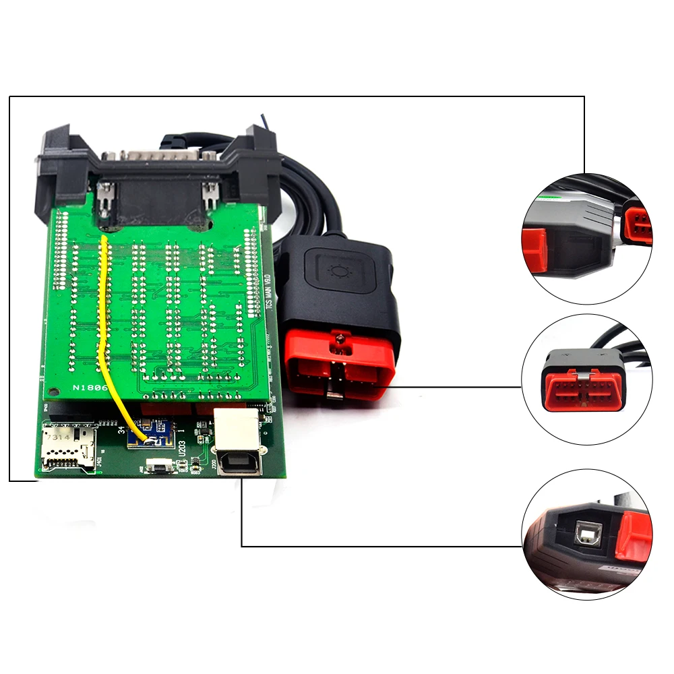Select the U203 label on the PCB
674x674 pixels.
click(183, 450)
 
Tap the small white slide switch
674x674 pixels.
click(157, 464)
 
